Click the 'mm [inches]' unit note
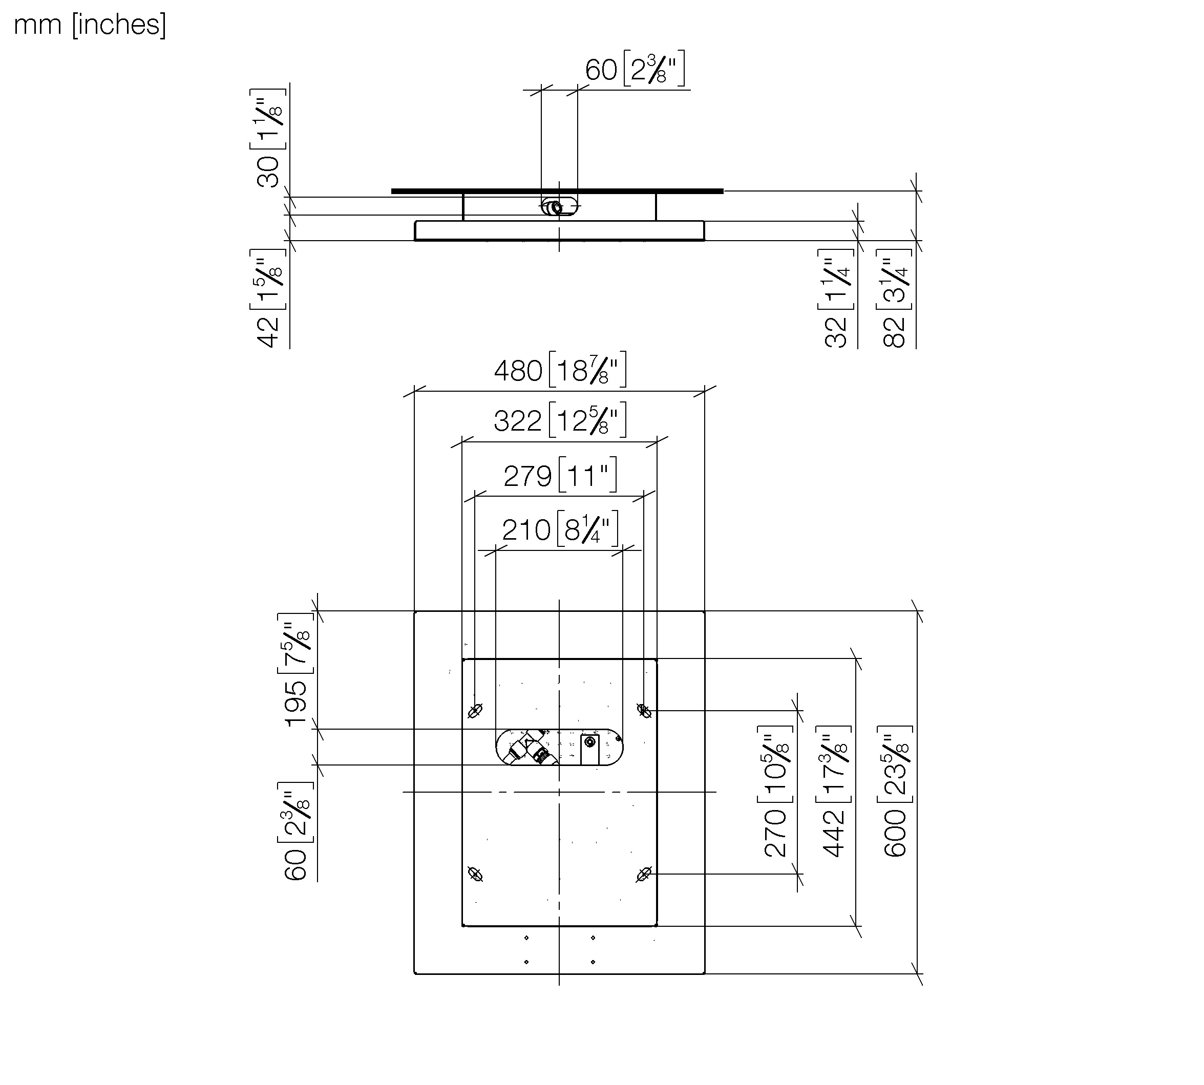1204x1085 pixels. click(x=90, y=25)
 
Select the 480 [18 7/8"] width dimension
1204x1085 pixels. click(x=560, y=370)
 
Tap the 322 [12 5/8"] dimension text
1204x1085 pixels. click(x=560, y=420)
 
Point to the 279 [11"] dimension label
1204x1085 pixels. click(x=560, y=476)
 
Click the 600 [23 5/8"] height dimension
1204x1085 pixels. click(x=895, y=792)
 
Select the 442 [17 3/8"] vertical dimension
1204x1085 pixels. click(x=835, y=792)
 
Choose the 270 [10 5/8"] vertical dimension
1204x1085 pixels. click(x=776, y=792)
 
